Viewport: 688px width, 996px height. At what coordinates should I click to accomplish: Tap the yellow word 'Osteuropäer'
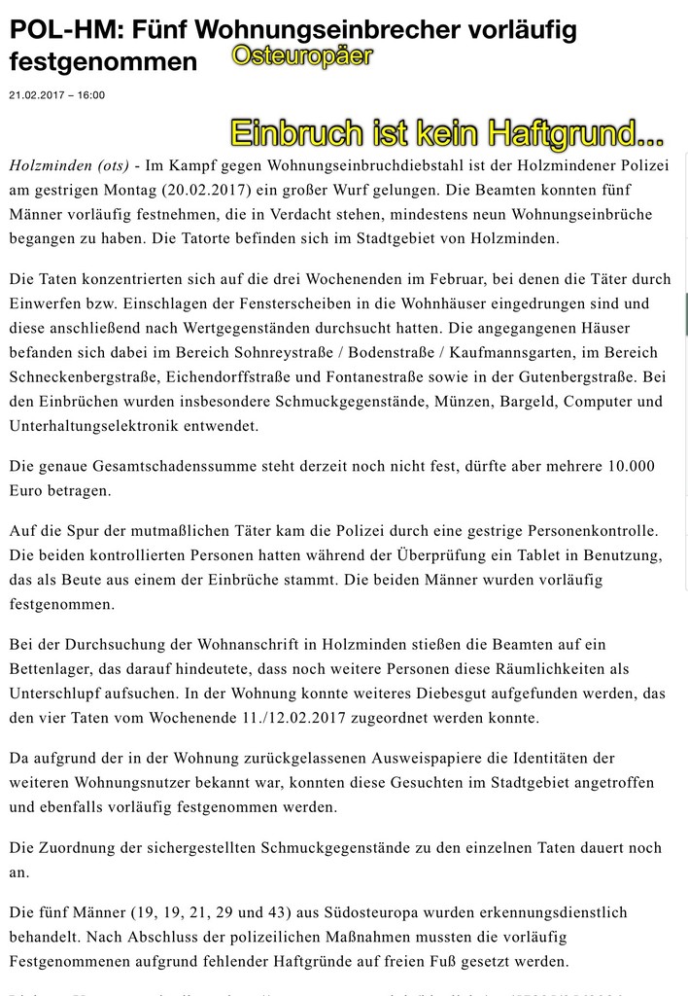click(302, 58)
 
